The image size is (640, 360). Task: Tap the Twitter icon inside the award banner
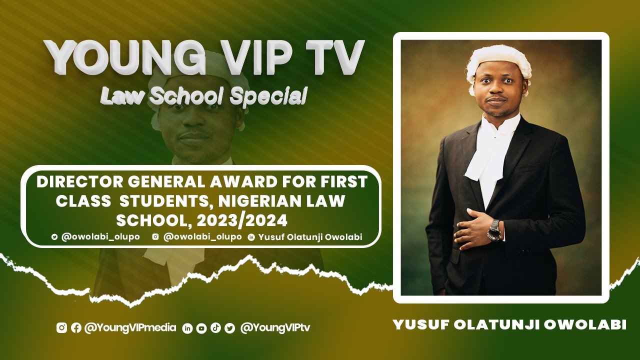coord(54,237)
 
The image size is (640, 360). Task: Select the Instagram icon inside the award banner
coord(155,237)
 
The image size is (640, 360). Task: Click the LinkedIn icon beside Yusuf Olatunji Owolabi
coord(251,237)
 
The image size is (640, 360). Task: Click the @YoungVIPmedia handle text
coord(130,328)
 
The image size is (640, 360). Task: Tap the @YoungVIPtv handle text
coord(275,328)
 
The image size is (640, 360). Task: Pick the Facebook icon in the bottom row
coord(76,328)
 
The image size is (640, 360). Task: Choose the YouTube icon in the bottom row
coord(201,328)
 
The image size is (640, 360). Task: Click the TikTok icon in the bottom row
coord(215,328)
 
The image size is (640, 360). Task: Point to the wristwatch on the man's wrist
coord(494,229)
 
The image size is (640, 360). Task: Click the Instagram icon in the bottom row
coord(61,328)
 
